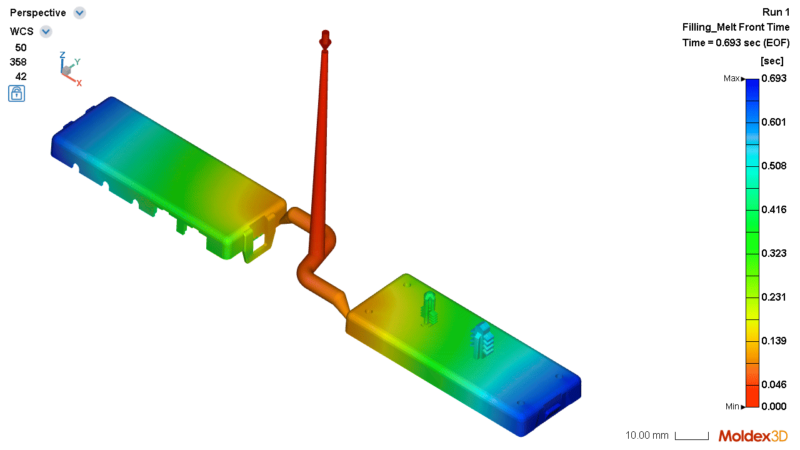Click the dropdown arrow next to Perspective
point(79,13)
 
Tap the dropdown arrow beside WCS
point(46,31)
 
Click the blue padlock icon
point(16,94)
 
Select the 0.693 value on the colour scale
point(774,78)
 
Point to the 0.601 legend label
point(774,122)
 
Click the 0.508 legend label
point(774,166)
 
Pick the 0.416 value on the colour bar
point(774,209)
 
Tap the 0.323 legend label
point(774,253)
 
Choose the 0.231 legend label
point(774,297)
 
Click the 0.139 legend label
point(774,341)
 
